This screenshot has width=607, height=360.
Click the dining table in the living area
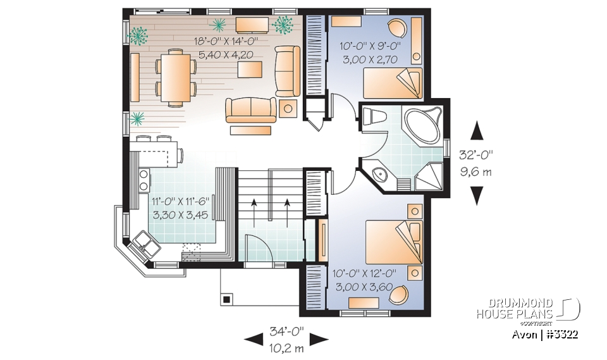(x=175, y=77)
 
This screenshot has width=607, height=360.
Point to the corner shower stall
(x=429, y=175)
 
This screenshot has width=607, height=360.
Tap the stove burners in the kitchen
(x=143, y=179)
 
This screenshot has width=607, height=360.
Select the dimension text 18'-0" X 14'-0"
(x=226, y=42)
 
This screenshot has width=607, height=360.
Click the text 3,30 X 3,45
(x=181, y=214)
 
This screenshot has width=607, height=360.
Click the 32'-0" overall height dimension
(x=477, y=153)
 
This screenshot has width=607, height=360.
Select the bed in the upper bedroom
(x=391, y=84)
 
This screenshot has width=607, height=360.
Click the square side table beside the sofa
(x=288, y=108)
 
